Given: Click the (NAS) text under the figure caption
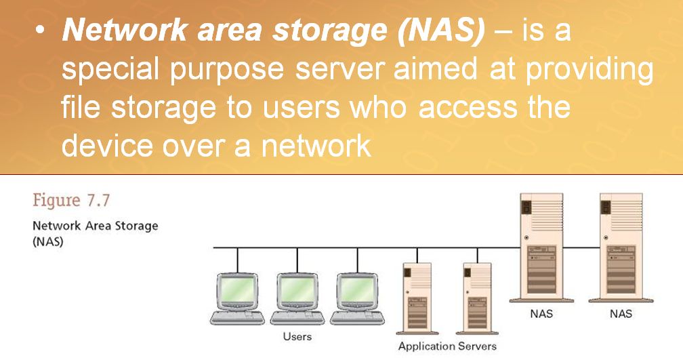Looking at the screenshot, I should (48, 242).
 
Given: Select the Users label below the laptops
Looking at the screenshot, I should (297, 336).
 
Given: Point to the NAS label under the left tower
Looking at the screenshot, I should (541, 314).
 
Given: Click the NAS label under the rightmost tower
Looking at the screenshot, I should (621, 314).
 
